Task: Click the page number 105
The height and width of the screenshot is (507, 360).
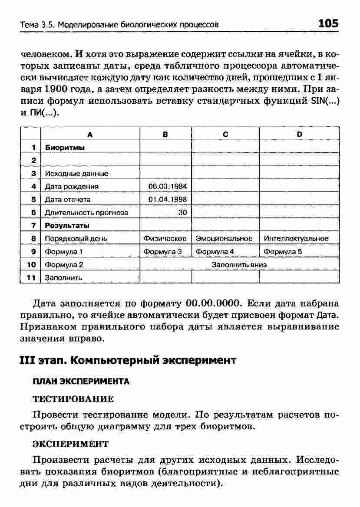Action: click(328, 23)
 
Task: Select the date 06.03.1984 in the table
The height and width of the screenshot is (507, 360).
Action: click(167, 187)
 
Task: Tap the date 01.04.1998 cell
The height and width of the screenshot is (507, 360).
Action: click(167, 200)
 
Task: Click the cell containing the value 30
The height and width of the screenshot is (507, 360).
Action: click(182, 213)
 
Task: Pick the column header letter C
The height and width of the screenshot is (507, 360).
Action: click(225, 135)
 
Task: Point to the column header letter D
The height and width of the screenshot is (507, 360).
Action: click(300, 135)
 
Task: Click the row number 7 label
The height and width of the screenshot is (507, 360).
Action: click(33, 226)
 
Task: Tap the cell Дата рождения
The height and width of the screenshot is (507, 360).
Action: click(71, 187)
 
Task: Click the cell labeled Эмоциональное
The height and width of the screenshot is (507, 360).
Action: click(225, 239)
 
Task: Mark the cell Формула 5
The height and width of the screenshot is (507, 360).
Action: click(283, 252)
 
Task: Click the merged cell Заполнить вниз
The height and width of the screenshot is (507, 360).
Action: click(239, 264)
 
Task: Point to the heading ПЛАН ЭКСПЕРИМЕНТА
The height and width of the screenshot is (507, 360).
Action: click(81, 382)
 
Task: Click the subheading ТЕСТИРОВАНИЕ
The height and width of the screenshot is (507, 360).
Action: click(73, 398)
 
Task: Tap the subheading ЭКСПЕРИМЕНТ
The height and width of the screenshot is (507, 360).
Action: click(70, 444)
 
